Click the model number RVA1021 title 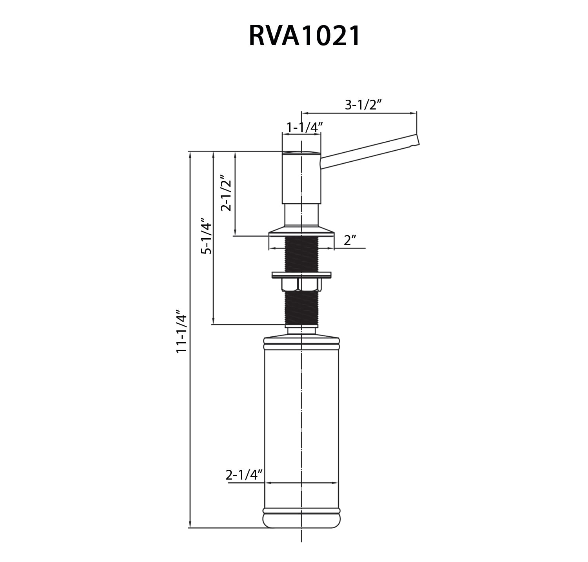305,36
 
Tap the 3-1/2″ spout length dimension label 363,105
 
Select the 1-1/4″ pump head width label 304,127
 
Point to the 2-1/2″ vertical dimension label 227,193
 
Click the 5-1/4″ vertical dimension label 206,236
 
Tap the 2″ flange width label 349,240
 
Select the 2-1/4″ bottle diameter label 243,475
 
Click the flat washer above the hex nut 301,275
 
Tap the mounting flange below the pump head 301,232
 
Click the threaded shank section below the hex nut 301,308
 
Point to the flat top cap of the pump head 301,153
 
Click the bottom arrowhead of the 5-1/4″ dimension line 213,321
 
